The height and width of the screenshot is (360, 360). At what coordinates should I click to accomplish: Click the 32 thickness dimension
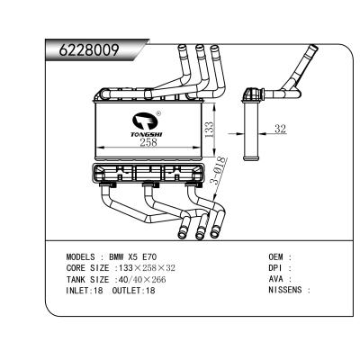click(280, 130)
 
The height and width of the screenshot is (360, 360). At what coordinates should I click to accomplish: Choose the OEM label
click(277, 256)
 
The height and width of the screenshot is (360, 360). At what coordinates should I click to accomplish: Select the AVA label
click(277, 279)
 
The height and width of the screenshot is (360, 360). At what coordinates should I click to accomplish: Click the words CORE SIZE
click(86, 268)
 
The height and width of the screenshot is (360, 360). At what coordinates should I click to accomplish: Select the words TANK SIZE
click(86, 279)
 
